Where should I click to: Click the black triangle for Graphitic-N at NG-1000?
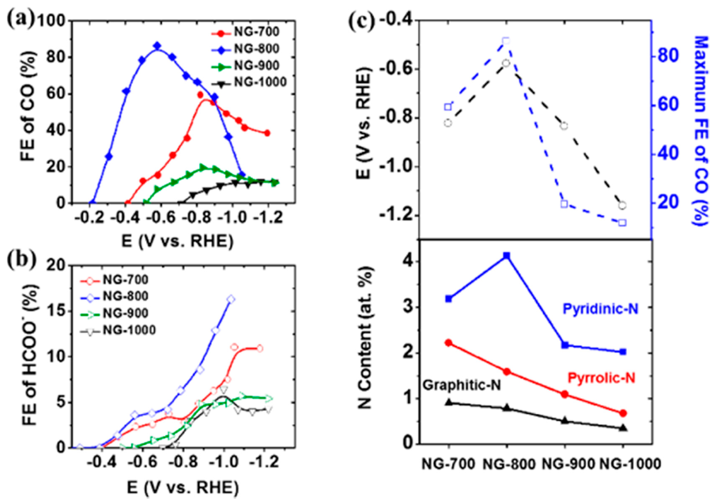click(x=622, y=428)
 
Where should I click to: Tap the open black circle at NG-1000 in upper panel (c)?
click(x=622, y=205)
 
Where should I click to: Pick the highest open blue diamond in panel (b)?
click(x=231, y=299)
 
